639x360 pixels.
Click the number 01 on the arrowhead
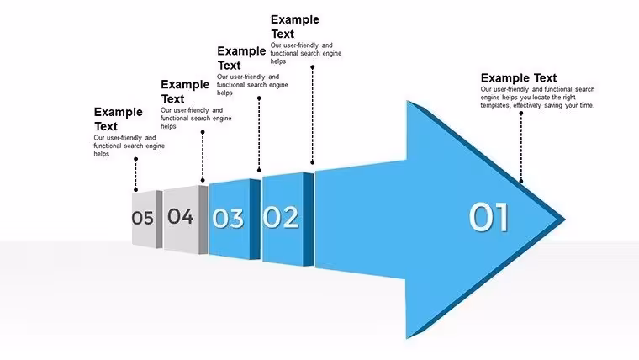[x=488, y=217]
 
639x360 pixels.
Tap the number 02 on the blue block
[x=280, y=217]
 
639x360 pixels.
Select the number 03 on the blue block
[x=228, y=218]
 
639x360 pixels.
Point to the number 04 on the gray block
[x=180, y=216]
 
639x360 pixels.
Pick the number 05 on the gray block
[x=143, y=218]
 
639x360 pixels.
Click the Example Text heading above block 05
[x=119, y=119]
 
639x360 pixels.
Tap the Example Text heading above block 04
[x=185, y=92]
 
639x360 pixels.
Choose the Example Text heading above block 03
[x=241, y=58]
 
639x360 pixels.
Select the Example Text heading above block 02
[x=295, y=27]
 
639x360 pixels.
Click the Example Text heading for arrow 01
[x=519, y=78]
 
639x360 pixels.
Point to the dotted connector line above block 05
[x=135, y=174]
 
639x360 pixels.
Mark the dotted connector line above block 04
[x=203, y=156]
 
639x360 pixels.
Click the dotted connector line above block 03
[x=259, y=134]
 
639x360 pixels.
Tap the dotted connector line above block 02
[x=313, y=114]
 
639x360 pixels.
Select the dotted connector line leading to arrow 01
[x=520, y=147]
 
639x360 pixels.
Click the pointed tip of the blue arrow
[x=565, y=220]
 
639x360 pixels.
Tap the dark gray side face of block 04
[x=203, y=220]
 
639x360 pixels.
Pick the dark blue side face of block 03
[x=255, y=219]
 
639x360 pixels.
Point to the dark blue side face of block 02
[x=309, y=220]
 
